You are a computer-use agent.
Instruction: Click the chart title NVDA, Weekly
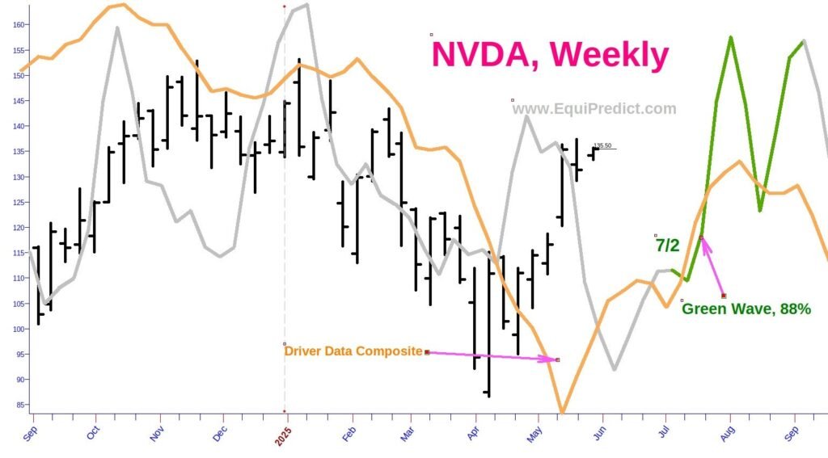click(x=550, y=55)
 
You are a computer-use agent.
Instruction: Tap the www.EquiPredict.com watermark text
click(x=594, y=109)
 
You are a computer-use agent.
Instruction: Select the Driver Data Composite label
click(x=353, y=351)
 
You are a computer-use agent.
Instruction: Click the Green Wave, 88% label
click(x=746, y=308)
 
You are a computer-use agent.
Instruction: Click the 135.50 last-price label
click(x=602, y=146)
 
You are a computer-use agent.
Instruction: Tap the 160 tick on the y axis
click(x=16, y=25)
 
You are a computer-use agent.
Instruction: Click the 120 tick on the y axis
click(x=16, y=228)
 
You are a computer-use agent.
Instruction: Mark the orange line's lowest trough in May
click(x=562, y=412)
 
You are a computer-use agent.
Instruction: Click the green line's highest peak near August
click(x=730, y=37)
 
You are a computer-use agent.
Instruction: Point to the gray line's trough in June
click(x=615, y=369)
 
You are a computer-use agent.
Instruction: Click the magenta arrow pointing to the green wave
click(x=712, y=267)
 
